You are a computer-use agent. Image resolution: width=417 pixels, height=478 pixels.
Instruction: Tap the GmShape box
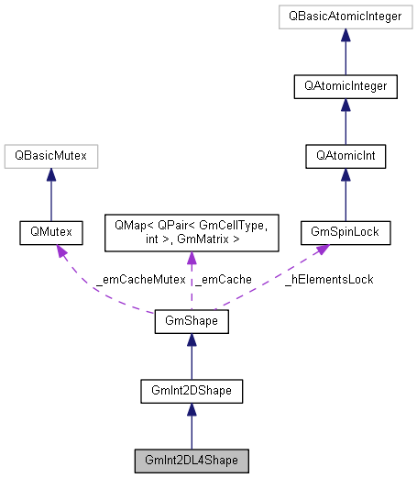tap(191, 322)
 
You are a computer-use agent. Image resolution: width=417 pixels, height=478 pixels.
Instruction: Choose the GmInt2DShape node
tap(191, 391)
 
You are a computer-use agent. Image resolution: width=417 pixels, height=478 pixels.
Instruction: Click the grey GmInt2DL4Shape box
tap(191, 459)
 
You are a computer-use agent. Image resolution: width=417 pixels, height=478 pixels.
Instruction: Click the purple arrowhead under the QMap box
tap(191, 260)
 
